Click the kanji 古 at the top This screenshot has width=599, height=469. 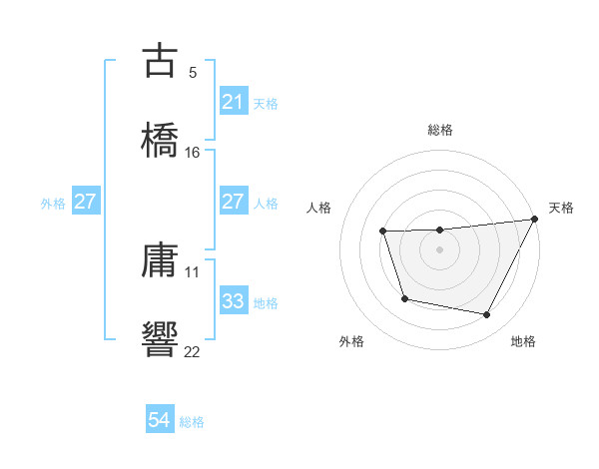161,61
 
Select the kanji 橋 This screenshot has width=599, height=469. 161,141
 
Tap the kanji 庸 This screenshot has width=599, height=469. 161,260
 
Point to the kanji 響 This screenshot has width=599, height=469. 161,340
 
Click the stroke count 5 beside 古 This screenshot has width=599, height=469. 193,72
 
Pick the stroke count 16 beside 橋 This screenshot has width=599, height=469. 193,153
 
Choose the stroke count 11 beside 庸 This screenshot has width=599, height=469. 193,271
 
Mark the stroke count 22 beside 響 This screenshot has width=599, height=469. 193,352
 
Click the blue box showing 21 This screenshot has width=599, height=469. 233,102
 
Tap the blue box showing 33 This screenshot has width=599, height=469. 233,301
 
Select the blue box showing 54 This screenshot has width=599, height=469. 159,421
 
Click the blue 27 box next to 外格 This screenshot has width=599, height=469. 85,202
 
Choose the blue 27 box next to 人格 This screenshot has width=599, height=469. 233,202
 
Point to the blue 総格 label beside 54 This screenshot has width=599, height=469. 192,422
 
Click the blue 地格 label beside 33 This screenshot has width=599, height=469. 266,302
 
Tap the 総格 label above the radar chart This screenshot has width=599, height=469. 440,130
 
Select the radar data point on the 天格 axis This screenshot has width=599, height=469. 535,220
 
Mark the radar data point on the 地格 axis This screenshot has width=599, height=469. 487,315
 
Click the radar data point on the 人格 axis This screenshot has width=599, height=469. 382,232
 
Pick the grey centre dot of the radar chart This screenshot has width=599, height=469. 440,249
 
